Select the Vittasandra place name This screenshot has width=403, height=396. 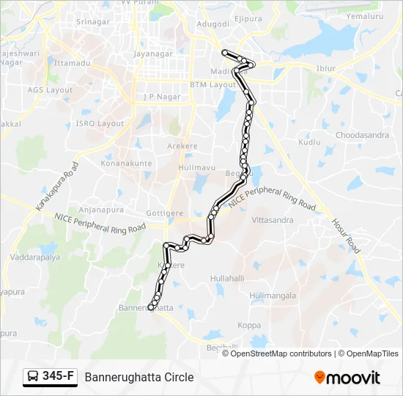tap(272, 220)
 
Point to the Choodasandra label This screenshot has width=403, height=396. tap(362, 135)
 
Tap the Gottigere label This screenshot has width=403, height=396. tap(165, 213)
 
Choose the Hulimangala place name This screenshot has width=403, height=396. tap(273, 296)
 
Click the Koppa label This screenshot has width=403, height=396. tap(248, 325)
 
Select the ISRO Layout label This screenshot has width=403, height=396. tap(100, 124)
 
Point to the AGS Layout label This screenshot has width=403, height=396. tap(50, 89)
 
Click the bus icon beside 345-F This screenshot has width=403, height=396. tap(33, 377)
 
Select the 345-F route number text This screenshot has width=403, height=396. tap(58, 377)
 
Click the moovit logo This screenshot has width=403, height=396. tap(347, 378)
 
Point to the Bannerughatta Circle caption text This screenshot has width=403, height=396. tap(139, 377)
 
